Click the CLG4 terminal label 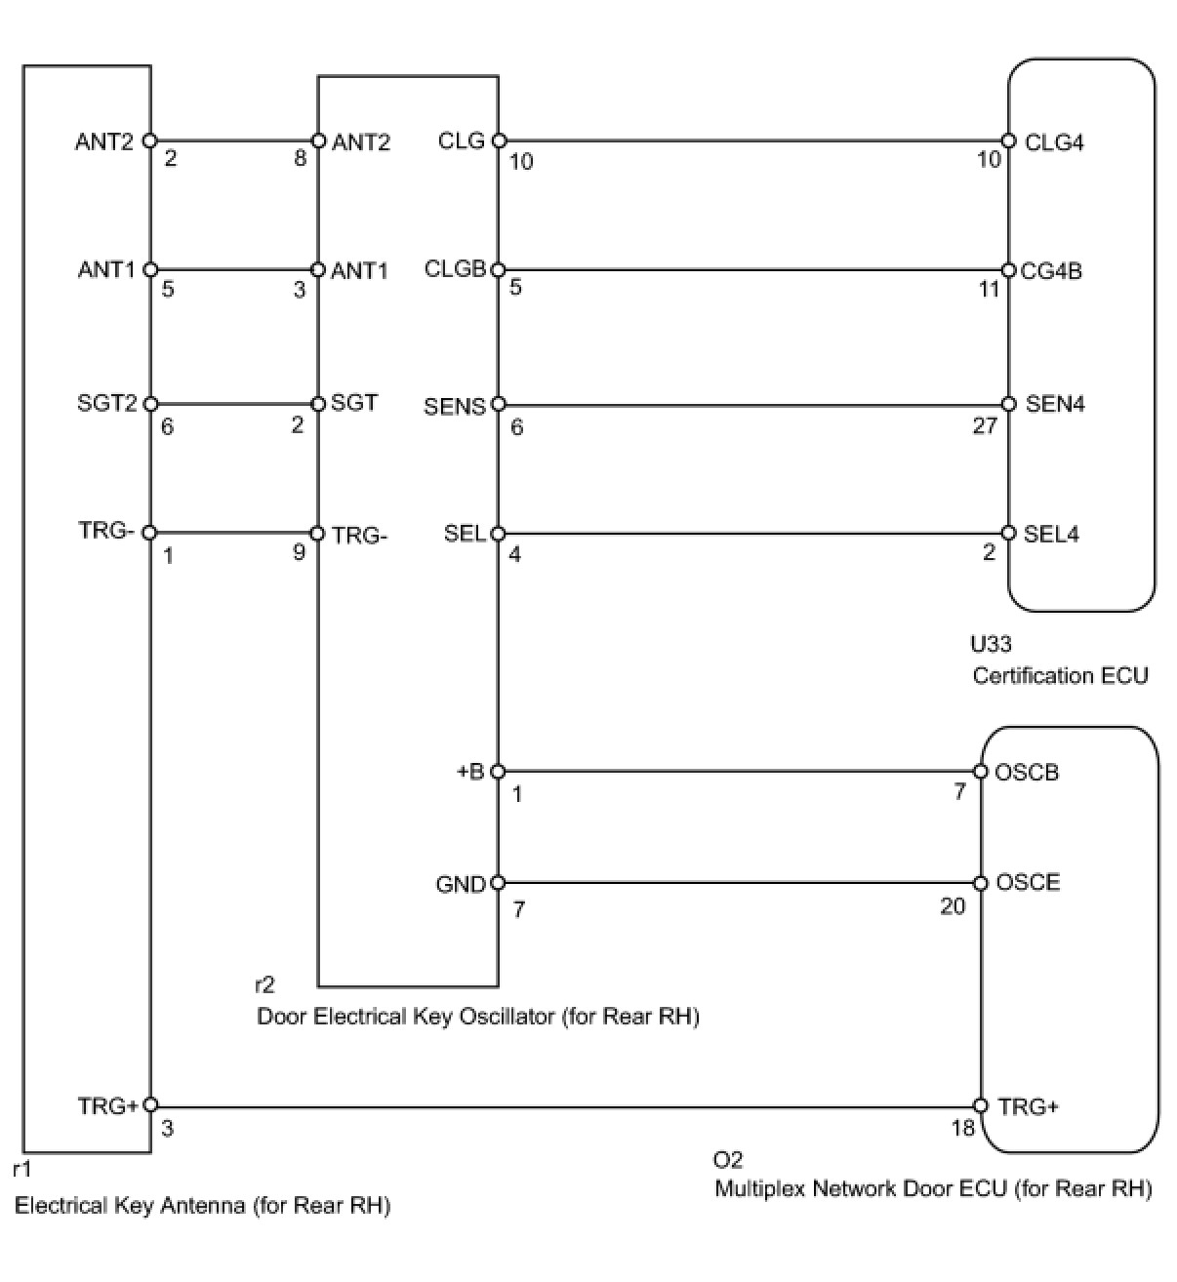[x=1053, y=142]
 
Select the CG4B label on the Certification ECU [x=1051, y=271]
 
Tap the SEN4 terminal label [x=1055, y=404]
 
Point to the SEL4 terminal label [x=1051, y=534]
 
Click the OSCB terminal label [x=1027, y=773]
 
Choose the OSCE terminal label [x=1028, y=883]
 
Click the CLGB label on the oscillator [x=455, y=269]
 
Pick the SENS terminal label [x=454, y=406]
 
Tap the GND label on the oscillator [x=461, y=886]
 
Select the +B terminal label [x=470, y=772]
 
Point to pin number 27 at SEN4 [x=985, y=426]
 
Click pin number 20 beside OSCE [x=952, y=906]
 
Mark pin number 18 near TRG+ [x=963, y=1129]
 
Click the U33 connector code [x=991, y=644]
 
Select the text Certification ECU [x=1060, y=675]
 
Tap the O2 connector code [x=728, y=1160]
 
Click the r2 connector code [x=264, y=985]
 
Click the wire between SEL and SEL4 [x=751, y=534]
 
